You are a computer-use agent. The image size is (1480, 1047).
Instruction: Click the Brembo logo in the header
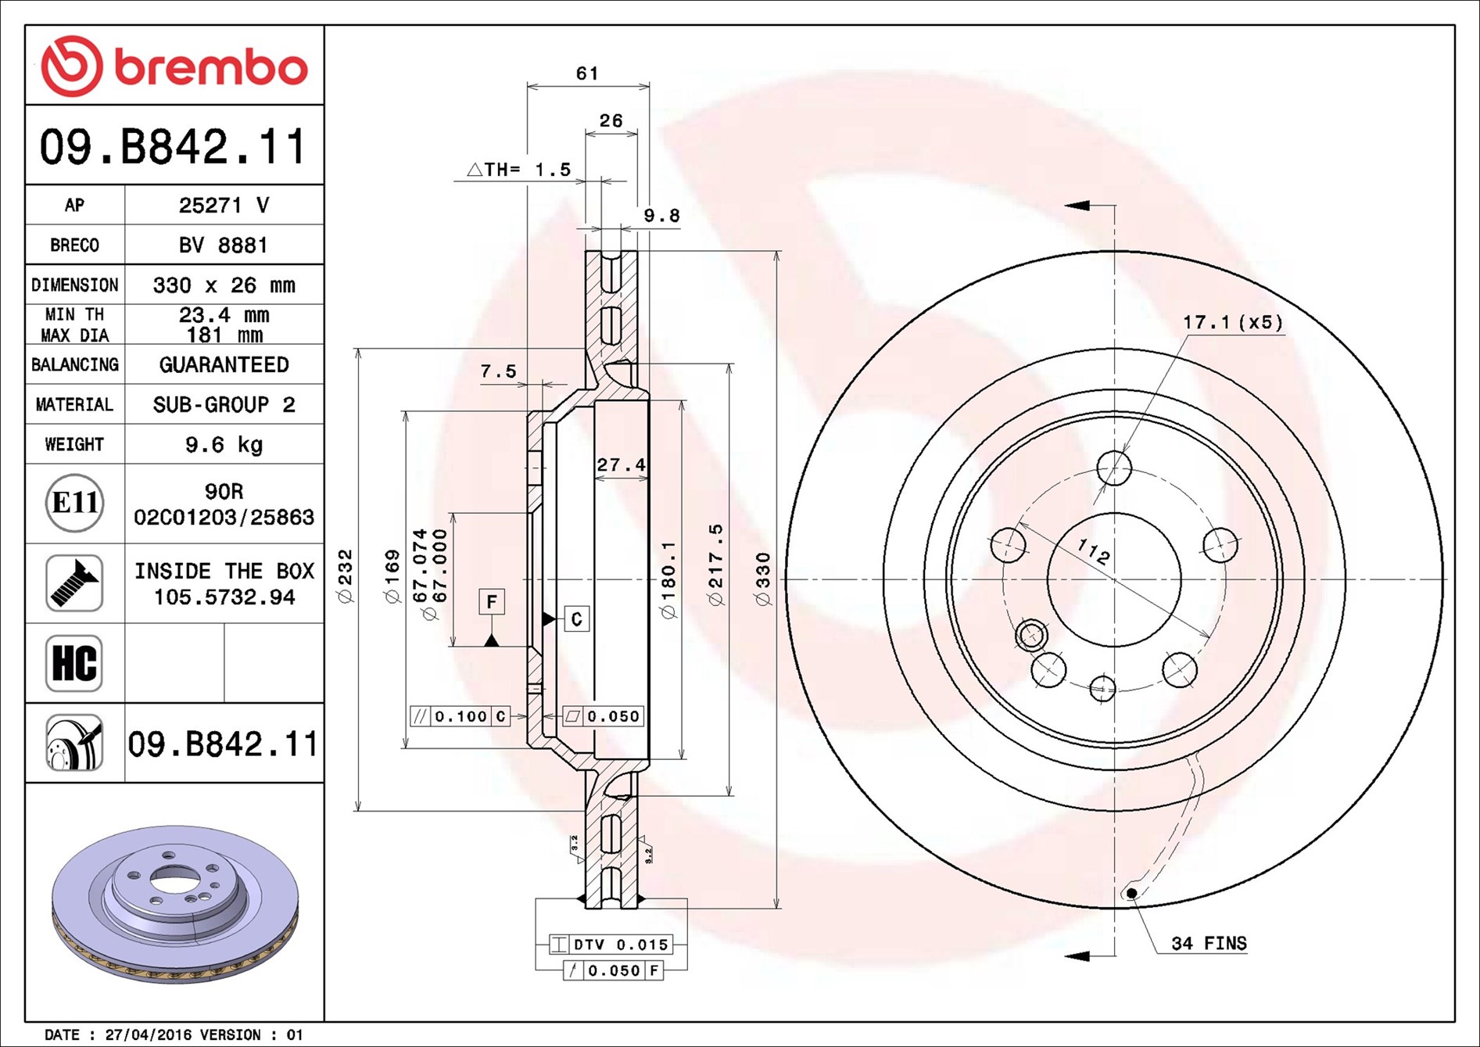[174, 66]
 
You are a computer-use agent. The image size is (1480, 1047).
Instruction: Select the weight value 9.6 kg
[224, 445]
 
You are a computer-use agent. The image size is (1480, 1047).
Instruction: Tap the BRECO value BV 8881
[224, 246]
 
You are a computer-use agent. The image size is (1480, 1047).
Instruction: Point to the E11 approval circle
[74, 503]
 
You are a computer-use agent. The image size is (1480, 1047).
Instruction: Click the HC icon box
[74, 663]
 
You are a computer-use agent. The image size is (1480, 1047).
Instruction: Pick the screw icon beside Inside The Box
[74, 583]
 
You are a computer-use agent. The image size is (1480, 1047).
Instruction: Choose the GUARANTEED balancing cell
[224, 365]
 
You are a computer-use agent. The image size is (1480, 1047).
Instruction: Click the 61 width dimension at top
[587, 74]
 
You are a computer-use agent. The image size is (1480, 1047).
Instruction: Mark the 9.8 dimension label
[661, 216]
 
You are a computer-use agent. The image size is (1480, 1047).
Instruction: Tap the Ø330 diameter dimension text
[763, 579]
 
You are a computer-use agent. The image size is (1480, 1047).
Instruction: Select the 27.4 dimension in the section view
[621, 465]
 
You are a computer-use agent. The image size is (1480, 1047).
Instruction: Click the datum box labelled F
[492, 601]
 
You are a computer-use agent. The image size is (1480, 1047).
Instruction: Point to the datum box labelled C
[576, 619]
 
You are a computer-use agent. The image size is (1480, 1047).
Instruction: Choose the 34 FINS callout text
[1209, 944]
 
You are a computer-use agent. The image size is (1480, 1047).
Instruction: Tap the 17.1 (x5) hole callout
[1233, 322]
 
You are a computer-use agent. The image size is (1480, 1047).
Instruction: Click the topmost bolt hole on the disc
[1114, 468]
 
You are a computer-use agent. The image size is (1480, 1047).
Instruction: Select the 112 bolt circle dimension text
[1093, 552]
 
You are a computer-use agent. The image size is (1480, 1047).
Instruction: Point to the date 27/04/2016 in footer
[148, 1034]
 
